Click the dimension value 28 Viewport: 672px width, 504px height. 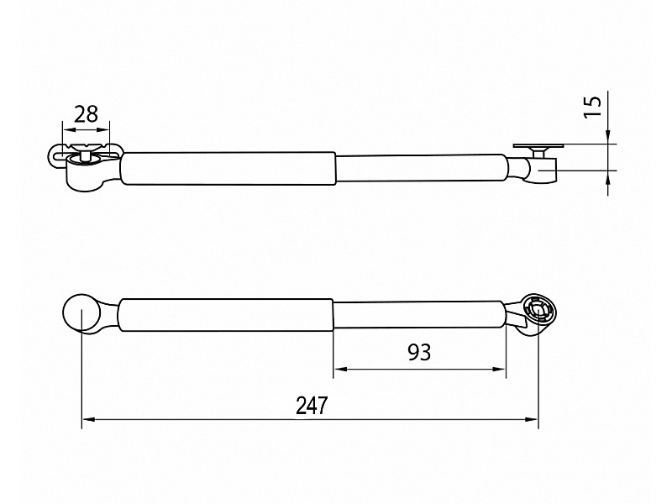pos(87,114)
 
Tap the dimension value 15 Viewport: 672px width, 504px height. pos(593,107)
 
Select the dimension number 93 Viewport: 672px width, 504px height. pos(419,352)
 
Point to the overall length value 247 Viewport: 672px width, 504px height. pos(312,406)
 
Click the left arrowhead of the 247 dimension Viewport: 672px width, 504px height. pos(88,419)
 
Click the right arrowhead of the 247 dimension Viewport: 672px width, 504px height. pos(532,419)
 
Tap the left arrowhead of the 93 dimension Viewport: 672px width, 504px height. pos(340,369)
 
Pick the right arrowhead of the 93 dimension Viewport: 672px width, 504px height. pos(500,369)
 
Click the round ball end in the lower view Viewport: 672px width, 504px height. pos(81,311)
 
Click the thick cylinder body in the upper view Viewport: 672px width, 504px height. pos(228,169)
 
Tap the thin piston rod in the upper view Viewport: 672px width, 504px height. pos(421,168)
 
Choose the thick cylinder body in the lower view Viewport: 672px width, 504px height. pos(225,315)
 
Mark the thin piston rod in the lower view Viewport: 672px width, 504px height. pos(419,315)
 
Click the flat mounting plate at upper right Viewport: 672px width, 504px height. pos(538,146)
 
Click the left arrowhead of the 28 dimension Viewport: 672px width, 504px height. pos(69,129)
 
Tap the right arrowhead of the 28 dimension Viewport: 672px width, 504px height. pos(103,129)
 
